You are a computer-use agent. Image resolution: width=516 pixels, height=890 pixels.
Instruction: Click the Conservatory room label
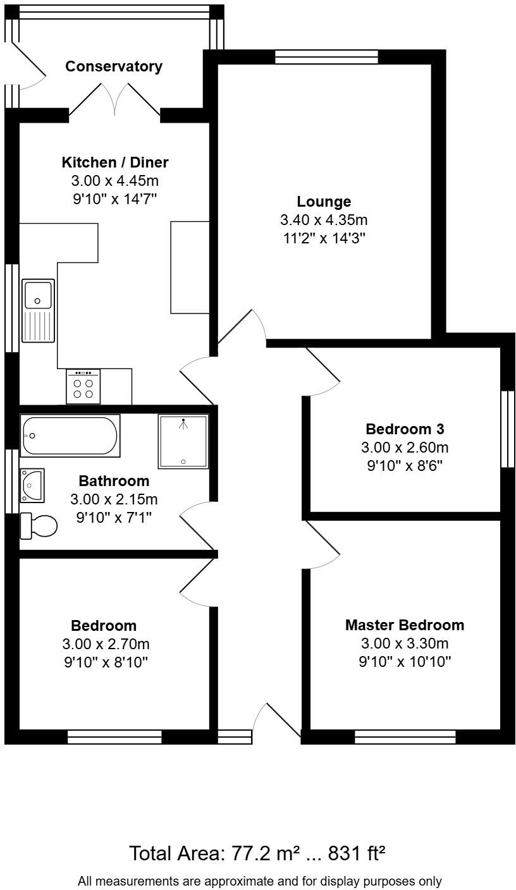(x=114, y=66)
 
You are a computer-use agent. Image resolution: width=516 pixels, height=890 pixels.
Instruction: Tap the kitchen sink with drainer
(x=38, y=310)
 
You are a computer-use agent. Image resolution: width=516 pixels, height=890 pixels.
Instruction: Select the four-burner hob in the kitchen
(x=83, y=387)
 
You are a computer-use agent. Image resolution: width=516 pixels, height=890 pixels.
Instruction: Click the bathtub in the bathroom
(x=70, y=436)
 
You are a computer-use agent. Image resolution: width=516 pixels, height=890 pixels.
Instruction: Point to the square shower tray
(x=183, y=441)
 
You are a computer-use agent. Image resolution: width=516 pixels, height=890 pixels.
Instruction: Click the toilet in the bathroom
(x=39, y=525)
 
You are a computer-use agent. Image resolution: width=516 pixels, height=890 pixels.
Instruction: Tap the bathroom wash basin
(x=32, y=485)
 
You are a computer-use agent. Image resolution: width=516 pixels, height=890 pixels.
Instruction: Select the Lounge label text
(x=324, y=202)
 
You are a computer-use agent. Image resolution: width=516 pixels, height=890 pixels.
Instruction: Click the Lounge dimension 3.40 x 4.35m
(x=324, y=220)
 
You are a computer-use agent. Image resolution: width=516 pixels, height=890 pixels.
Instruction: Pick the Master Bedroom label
(x=404, y=625)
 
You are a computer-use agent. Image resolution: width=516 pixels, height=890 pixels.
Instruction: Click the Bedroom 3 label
(x=405, y=429)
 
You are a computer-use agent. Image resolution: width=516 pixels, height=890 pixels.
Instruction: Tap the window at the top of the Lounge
(x=326, y=57)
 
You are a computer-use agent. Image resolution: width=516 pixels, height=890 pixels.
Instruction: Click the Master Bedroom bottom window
(x=405, y=736)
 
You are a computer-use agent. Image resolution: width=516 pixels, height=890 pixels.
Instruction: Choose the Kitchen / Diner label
(x=114, y=162)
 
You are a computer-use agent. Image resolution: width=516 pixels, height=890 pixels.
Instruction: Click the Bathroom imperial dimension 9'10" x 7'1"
(x=114, y=518)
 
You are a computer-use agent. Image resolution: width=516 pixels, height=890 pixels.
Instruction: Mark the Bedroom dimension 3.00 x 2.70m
(x=106, y=644)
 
